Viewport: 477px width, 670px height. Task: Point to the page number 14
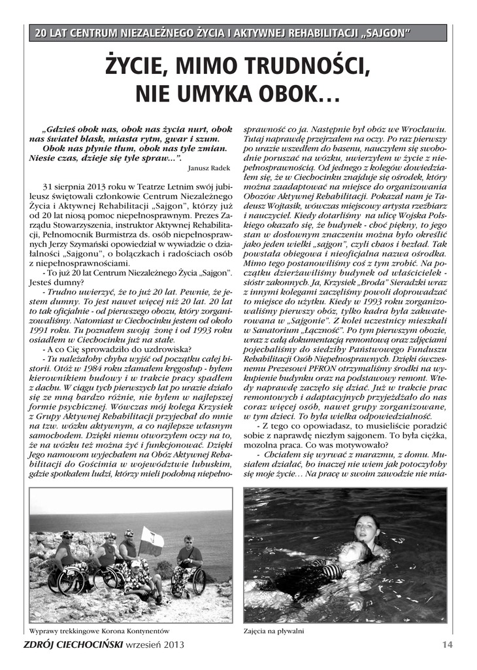click(x=447, y=644)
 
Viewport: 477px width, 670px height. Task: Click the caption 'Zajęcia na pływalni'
click(x=274, y=631)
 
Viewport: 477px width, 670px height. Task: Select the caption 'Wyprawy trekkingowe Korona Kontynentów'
click(x=99, y=631)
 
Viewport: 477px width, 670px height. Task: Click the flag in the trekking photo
click(x=152, y=542)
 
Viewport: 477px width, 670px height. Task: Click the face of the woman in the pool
click(x=367, y=527)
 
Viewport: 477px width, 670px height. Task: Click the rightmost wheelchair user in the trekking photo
click(x=188, y=562)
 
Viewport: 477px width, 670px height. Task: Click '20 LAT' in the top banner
click(x=50, y=33)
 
